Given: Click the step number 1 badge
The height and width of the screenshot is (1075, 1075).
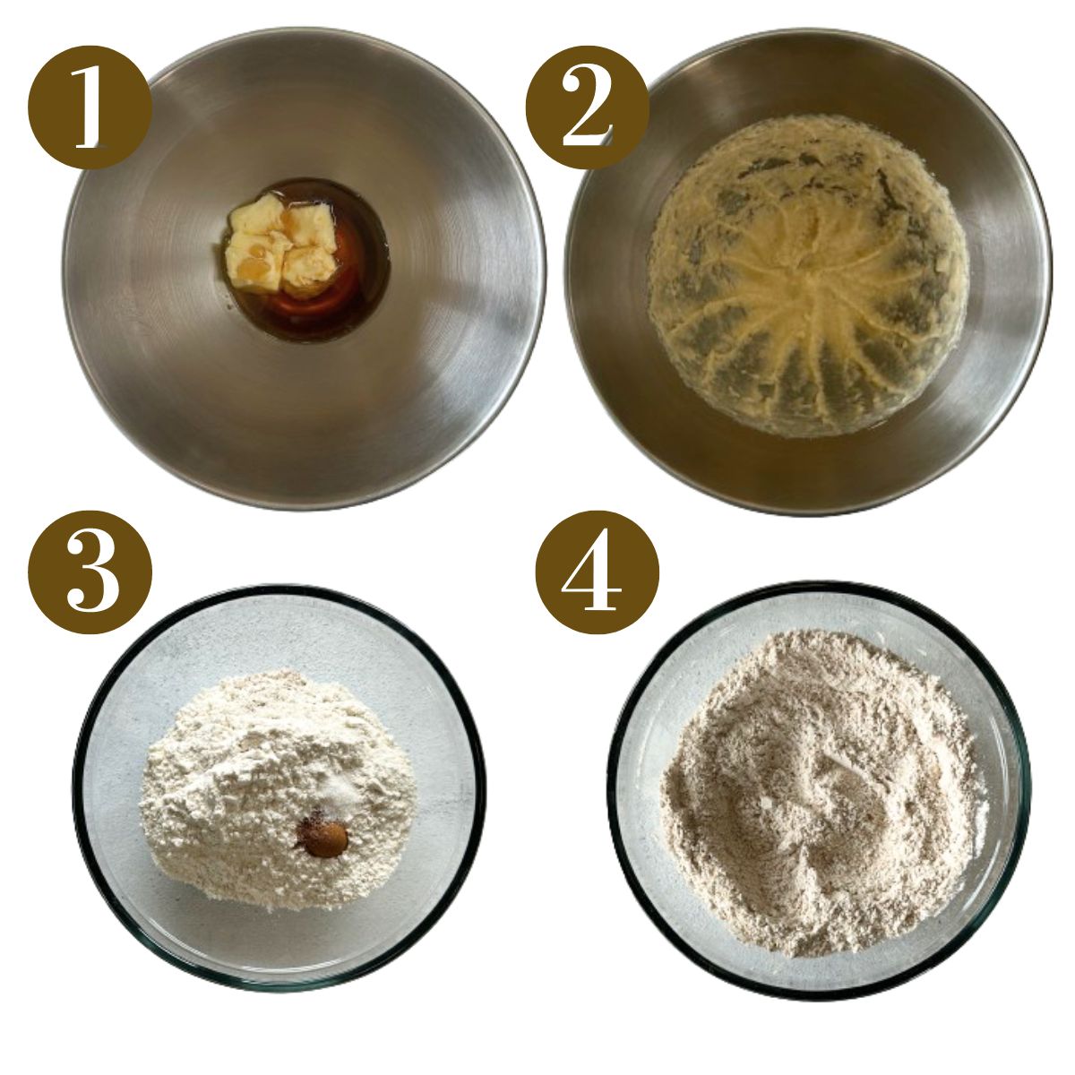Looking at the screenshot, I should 90,107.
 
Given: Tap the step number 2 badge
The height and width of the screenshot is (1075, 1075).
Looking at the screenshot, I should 587,107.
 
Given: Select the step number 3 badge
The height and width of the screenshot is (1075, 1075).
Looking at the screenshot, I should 90,572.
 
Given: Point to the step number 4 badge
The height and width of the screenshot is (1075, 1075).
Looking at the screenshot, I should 598,572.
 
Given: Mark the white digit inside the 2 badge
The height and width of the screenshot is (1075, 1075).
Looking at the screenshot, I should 587,108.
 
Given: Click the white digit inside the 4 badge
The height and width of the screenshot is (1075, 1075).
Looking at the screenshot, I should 598,573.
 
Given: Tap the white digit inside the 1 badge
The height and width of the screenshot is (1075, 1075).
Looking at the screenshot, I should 90,107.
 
